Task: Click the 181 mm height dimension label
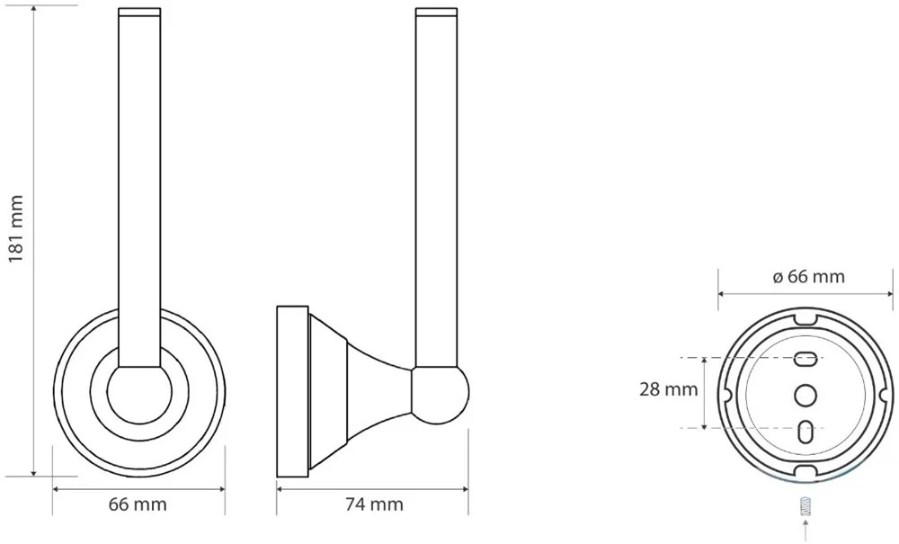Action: [x=15, y=228]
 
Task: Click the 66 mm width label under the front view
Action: [x=138, y=504]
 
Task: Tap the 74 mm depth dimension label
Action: [x=374, y=504]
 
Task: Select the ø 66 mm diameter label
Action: [x=808, y=276]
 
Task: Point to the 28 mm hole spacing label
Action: [x=669, y=390]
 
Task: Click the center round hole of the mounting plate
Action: [x=806, y=395]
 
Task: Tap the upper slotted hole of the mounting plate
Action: [x=806, y=360]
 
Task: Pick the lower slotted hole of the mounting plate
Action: [x=806, y=431]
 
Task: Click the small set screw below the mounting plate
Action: [x=806, y=507]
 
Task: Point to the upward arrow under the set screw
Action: [x=806, y=531]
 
